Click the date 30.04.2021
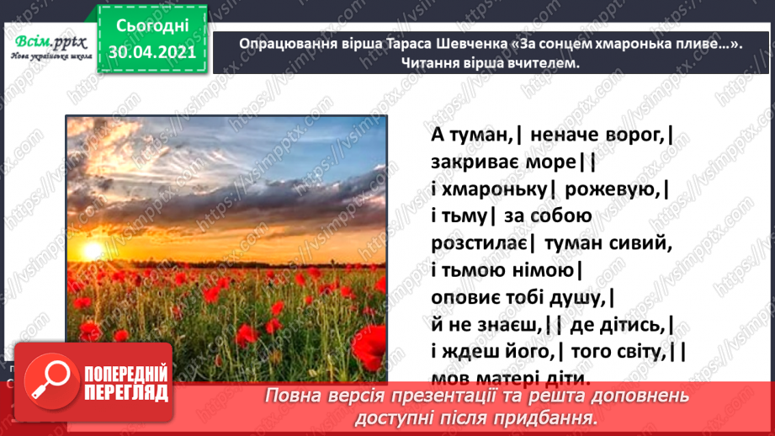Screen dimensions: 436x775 pyautogui.click(x=152, y=52)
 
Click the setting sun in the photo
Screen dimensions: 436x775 pyautogui.click(x=91, y=251)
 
